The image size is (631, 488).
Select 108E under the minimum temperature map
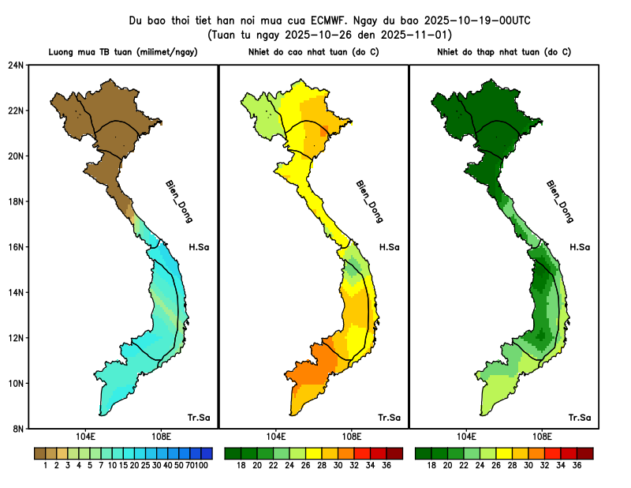coord(542,437)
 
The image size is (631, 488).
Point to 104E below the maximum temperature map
coord(275,437)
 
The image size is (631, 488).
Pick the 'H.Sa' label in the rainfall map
coord(199,247)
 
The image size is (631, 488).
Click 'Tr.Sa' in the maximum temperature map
coord(389,417)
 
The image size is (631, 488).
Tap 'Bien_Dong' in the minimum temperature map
coord(559,201)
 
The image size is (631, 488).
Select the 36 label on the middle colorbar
coord(386,466)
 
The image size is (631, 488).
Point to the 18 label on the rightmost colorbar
coord(431,466)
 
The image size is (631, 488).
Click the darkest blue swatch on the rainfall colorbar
coord(207,453)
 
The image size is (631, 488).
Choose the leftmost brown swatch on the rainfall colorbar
coord(39,453)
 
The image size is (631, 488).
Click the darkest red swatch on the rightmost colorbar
coord(584,453)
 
